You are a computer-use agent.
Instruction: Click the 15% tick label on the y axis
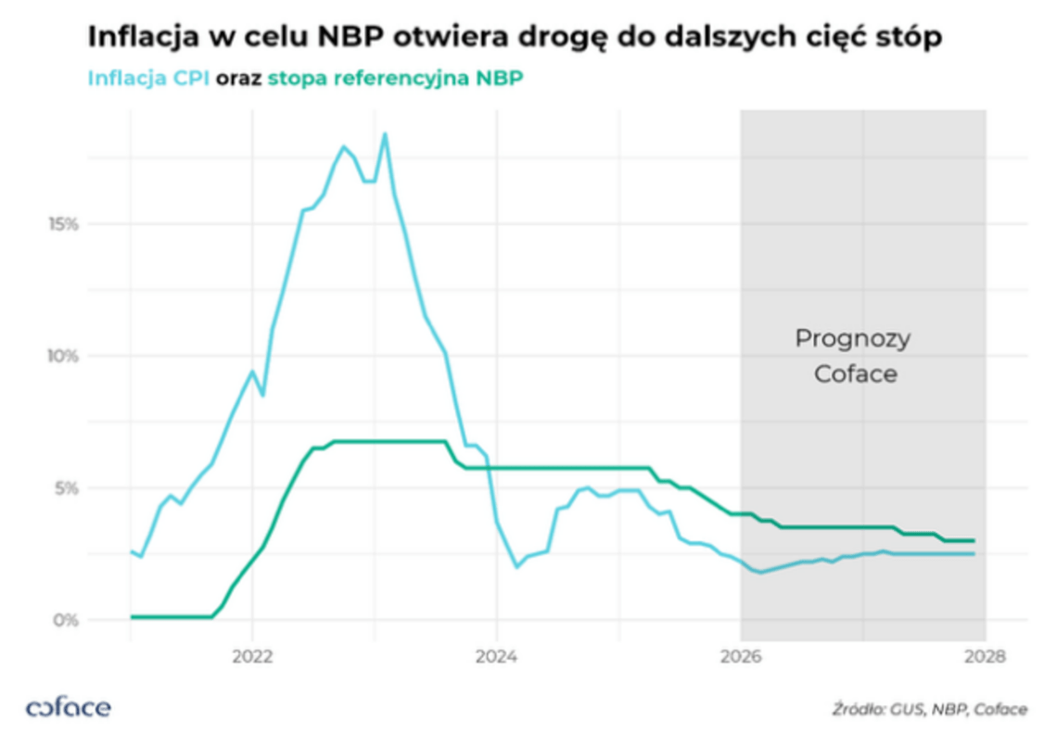(x=64, y=224)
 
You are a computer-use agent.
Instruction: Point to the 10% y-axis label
(x=64, y=356)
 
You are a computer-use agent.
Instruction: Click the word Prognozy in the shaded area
(x=852, y=339)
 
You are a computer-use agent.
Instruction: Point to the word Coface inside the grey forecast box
(x=855, y=374)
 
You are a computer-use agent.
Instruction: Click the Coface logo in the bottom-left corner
(x=69, y=709)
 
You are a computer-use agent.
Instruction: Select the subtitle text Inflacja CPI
(x=148, y=79)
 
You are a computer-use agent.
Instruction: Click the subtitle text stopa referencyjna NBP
(x=395, y=79)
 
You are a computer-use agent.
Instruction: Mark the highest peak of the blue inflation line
(x=385, y=134)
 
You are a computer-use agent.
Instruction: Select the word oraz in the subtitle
(x=239, y=79)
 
